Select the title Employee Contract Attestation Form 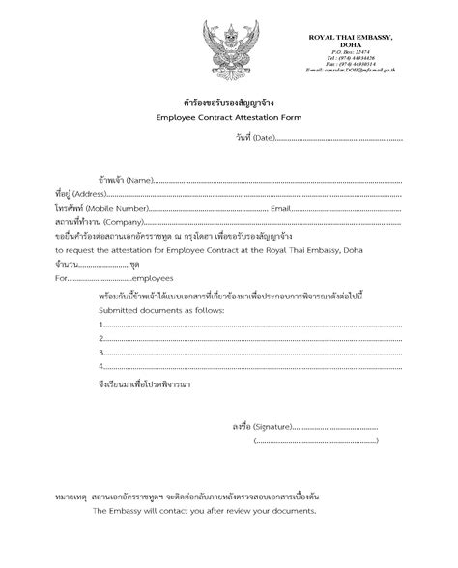click(229, 115)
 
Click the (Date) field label click(258, 138)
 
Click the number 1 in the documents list click(101, 326)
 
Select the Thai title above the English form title click(229, 99)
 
